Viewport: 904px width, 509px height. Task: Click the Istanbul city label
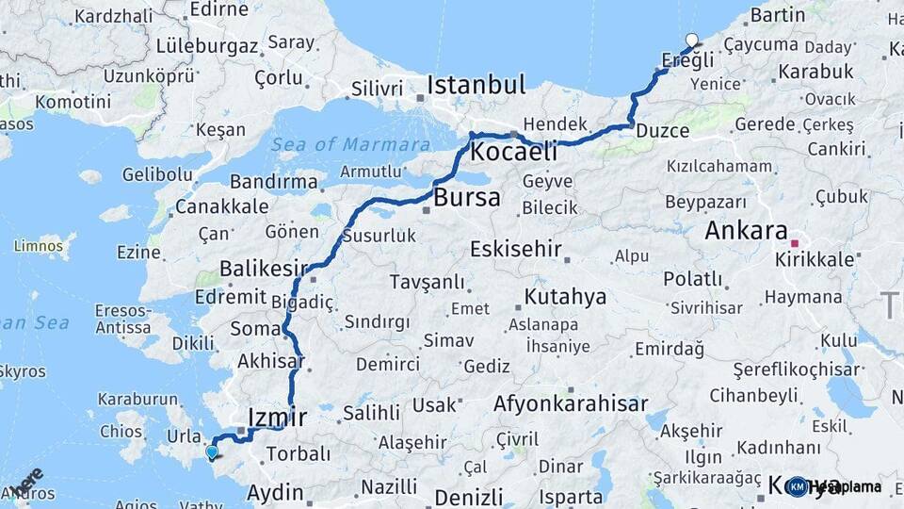click(476, 85)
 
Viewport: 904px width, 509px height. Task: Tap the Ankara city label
click(746, 230)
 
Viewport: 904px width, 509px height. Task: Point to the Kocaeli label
click(513, 151)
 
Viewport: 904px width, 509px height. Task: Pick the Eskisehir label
click(516, 250)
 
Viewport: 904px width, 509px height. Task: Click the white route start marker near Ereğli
click(693, 40)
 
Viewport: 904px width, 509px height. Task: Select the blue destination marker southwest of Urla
click(212, 452)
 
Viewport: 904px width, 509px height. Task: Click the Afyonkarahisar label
click(571, 404)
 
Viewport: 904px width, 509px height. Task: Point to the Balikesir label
click(265, 269)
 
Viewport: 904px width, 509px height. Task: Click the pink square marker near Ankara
click(795, 242)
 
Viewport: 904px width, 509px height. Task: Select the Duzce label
click(662, 130)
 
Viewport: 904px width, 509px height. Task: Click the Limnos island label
click(39, 246)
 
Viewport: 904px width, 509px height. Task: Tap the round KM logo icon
click(798, 487)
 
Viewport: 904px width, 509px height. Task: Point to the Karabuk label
click(815, 71)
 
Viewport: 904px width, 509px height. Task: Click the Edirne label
click(219, 8)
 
